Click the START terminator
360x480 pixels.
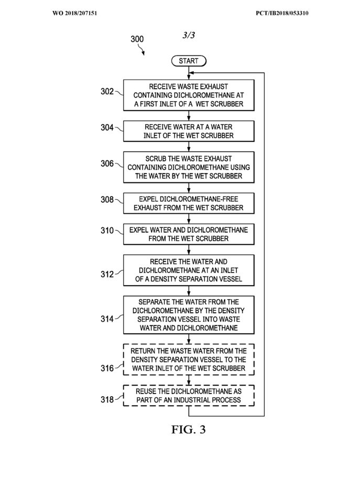click(189, 61)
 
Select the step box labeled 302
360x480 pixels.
click(189, 95)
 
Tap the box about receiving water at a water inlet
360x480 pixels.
click(189, 131)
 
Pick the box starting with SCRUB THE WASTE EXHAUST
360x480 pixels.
click(189, 167)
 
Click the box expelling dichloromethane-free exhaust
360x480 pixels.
click(189, 203)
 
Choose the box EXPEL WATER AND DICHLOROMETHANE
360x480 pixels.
click(189, 234)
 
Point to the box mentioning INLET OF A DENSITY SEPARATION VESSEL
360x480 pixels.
click(189, 270)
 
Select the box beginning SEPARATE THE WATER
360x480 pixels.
click(189, 315)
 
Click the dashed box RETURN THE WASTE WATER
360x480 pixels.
click(189, 359)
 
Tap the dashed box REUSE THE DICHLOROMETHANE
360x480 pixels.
click(189, 396)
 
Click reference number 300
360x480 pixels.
click(137, 39)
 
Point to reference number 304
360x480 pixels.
click(107, 127)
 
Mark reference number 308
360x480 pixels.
click(107, 200)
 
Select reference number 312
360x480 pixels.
click(107, 274)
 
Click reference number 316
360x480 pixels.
click(107, 368)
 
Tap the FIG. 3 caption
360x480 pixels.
click(188, 430)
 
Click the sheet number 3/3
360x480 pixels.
click(189, 35)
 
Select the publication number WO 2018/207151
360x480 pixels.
click(75, 13)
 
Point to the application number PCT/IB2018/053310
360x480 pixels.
click(282, 13)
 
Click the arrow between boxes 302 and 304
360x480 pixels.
click(189, 116)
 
